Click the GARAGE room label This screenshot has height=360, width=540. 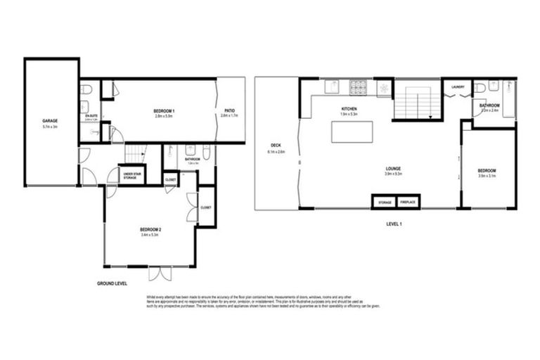[49, 120]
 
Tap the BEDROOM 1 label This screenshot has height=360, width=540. [164, 112]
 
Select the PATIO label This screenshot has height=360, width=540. [230, 111]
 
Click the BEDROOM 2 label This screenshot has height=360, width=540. [150, 229]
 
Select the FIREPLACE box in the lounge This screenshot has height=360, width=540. [408, 202]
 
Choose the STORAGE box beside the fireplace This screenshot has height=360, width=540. [384, 202]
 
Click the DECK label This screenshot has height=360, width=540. [275, 148]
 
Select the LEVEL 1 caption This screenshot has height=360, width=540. [394, 224]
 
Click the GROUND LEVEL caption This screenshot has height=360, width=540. [112, 283]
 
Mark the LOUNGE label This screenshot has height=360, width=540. [392, 169]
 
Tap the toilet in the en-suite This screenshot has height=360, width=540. [85, 90]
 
